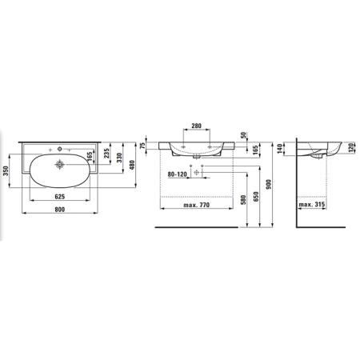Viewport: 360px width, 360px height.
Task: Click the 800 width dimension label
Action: [x=60, y=210]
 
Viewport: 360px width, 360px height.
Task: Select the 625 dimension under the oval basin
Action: [x=60, y=197]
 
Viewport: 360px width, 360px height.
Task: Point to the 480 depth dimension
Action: [x=132, y=165]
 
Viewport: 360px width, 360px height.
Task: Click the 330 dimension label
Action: [x=119, y=158]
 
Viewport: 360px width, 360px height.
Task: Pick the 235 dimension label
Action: [x=106, y=153]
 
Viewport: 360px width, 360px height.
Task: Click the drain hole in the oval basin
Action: [x=60, y=164]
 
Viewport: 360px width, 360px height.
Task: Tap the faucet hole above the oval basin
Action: [x=59, y=149]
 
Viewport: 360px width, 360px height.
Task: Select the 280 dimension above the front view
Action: [x=197, y=126]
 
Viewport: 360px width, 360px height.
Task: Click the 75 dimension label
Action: [x=143, y=146]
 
